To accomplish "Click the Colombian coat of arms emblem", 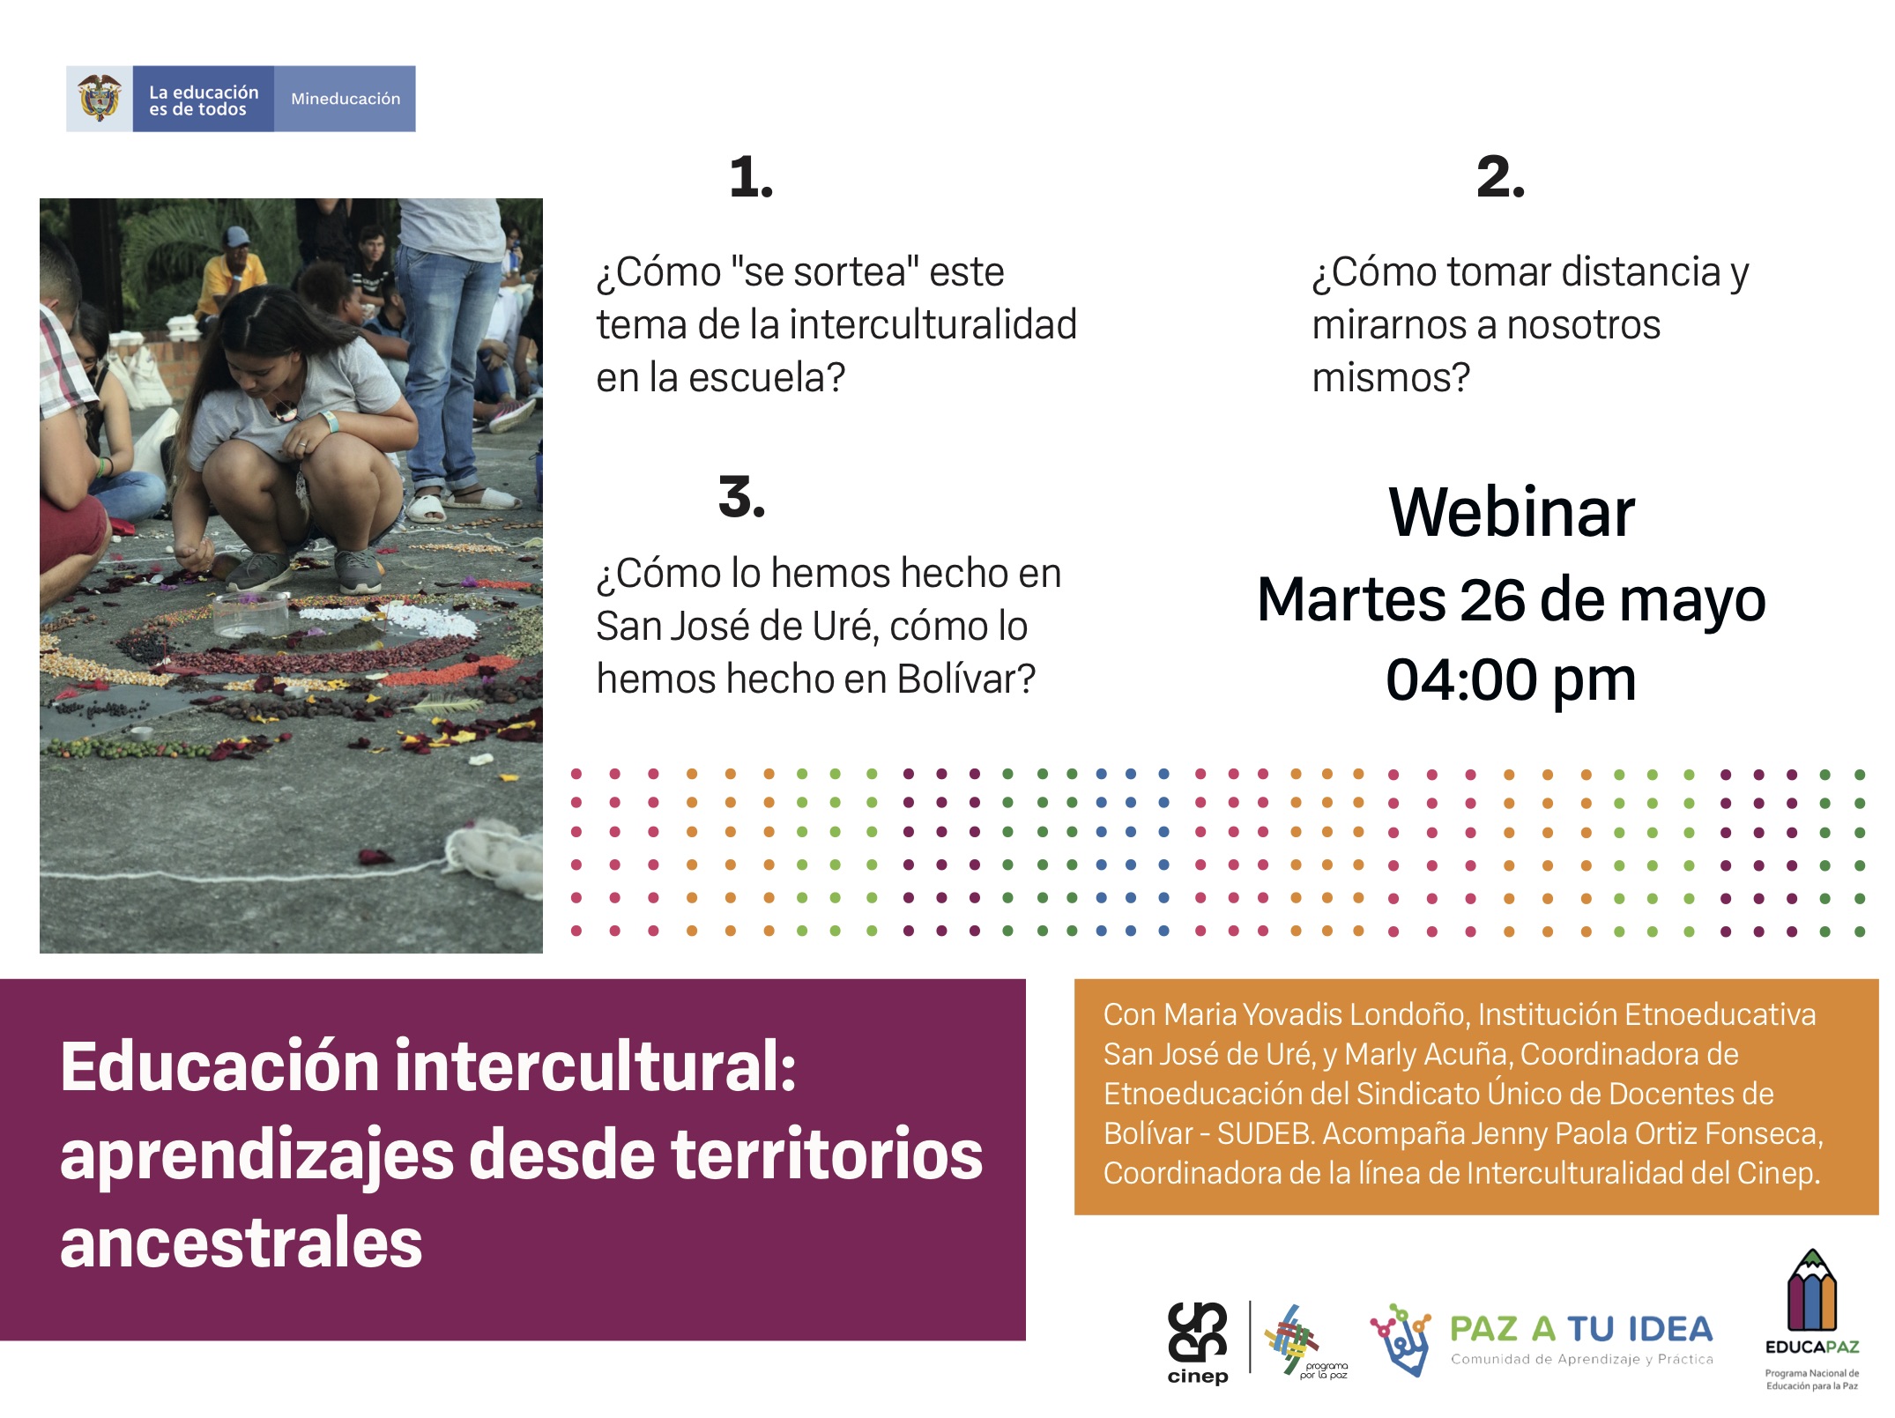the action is [100, 98].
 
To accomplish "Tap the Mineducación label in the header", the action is [346, 99].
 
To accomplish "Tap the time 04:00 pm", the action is [1511, 679].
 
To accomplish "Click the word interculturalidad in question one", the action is [933, 324].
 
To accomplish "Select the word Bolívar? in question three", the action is [966, 679].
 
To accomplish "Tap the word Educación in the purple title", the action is [220, 1067].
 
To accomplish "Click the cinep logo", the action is [1198, 1342].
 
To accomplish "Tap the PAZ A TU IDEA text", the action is [1581, 1329].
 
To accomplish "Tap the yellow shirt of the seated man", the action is [233, 282].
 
